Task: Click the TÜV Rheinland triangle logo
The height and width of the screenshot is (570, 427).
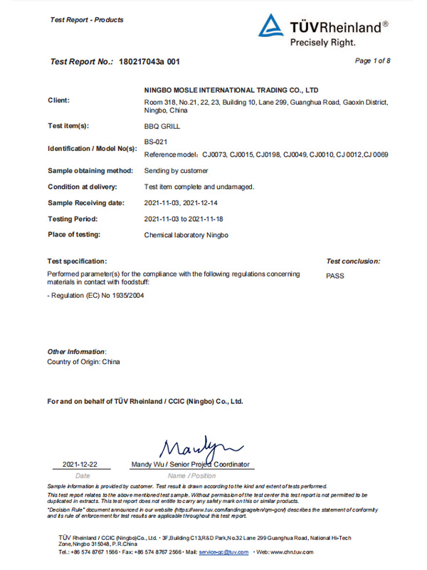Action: (270, 27)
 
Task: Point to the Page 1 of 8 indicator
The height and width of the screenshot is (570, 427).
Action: (372, 61)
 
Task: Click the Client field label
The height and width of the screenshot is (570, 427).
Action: (58, 100)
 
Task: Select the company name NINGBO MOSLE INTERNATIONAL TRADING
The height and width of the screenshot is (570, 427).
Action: (231, 90)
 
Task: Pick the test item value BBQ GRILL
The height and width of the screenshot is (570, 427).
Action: (162, 125)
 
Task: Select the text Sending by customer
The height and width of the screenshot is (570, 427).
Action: (176, 171)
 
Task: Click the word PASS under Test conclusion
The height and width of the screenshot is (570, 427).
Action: (334, 276)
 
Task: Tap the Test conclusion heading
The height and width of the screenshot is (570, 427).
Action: (353, 261)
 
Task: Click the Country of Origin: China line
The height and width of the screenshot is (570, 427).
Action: (83, 362)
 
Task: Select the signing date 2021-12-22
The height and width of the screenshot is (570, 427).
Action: (80, 465)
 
